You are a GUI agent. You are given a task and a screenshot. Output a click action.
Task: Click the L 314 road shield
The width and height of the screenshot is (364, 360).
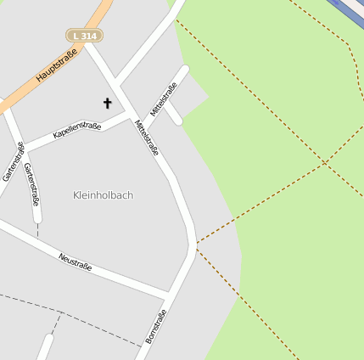[x=84, y=36]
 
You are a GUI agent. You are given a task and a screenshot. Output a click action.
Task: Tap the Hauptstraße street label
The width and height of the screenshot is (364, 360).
[x=57, y=65]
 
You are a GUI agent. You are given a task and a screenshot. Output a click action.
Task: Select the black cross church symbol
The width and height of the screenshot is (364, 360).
[x=108, y=104]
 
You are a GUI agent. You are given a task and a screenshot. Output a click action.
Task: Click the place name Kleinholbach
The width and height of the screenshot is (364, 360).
[x=103, y=195]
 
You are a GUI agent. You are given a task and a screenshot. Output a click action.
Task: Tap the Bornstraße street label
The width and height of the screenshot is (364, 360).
[x=155, y=326]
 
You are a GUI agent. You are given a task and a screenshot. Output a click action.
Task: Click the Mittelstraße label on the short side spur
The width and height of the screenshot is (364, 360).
[x=164, y=98]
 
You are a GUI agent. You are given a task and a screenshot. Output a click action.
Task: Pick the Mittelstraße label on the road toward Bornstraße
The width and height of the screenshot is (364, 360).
[x=146, y=138]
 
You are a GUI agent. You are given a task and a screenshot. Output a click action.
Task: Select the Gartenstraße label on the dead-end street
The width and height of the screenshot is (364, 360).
[x=32, y=184]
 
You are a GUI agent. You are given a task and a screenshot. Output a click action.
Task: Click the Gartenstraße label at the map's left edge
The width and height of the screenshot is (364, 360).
[x=12, y=161]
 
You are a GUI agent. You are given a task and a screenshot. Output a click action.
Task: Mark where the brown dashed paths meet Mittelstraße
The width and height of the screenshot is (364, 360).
[x=196, y=244]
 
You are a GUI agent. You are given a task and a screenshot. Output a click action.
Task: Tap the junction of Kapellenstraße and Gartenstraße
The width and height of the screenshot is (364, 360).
[x=20, y=146]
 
